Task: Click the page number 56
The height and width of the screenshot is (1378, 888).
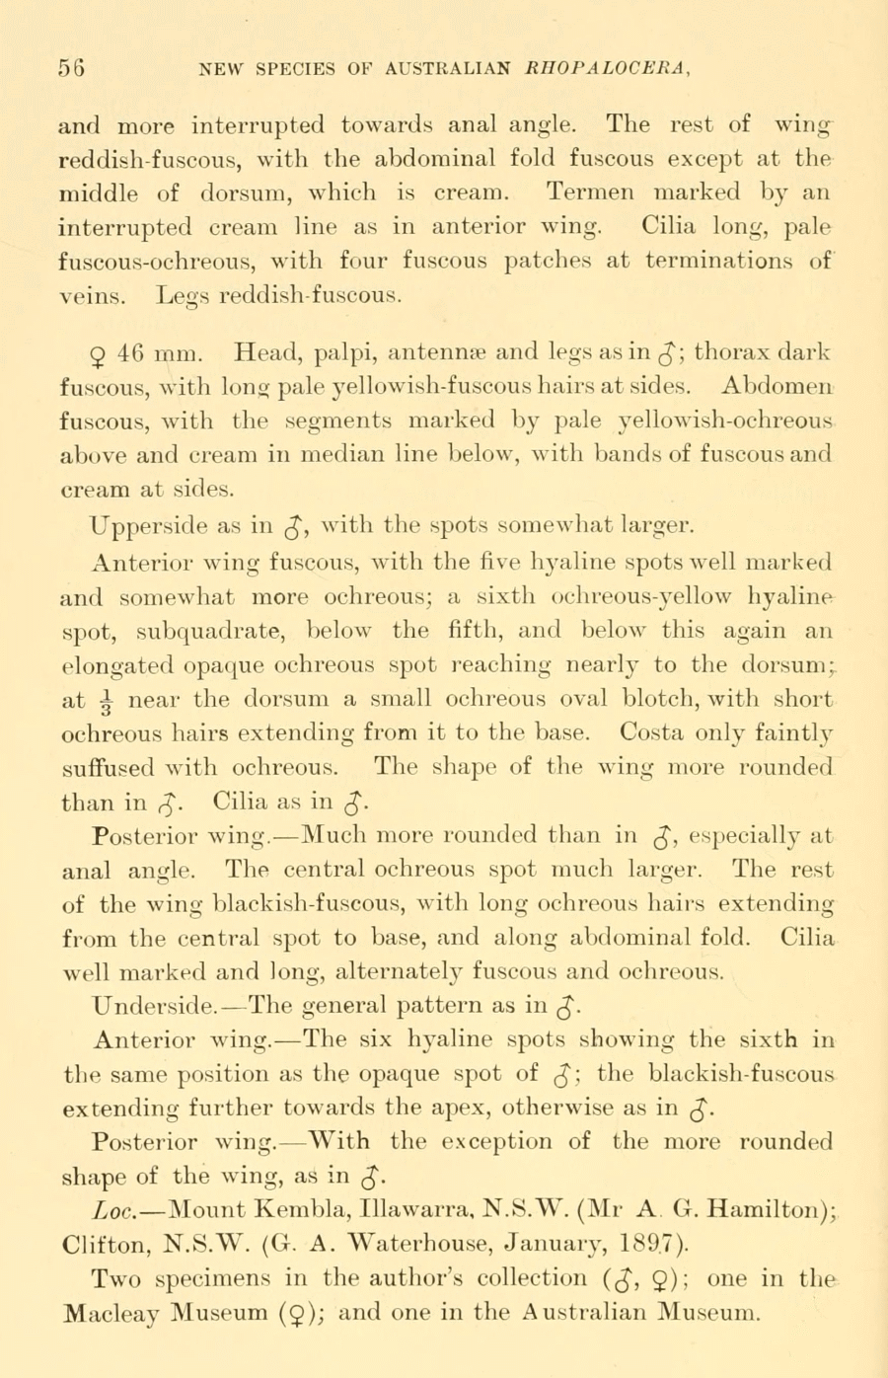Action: (x=71, y=70)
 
